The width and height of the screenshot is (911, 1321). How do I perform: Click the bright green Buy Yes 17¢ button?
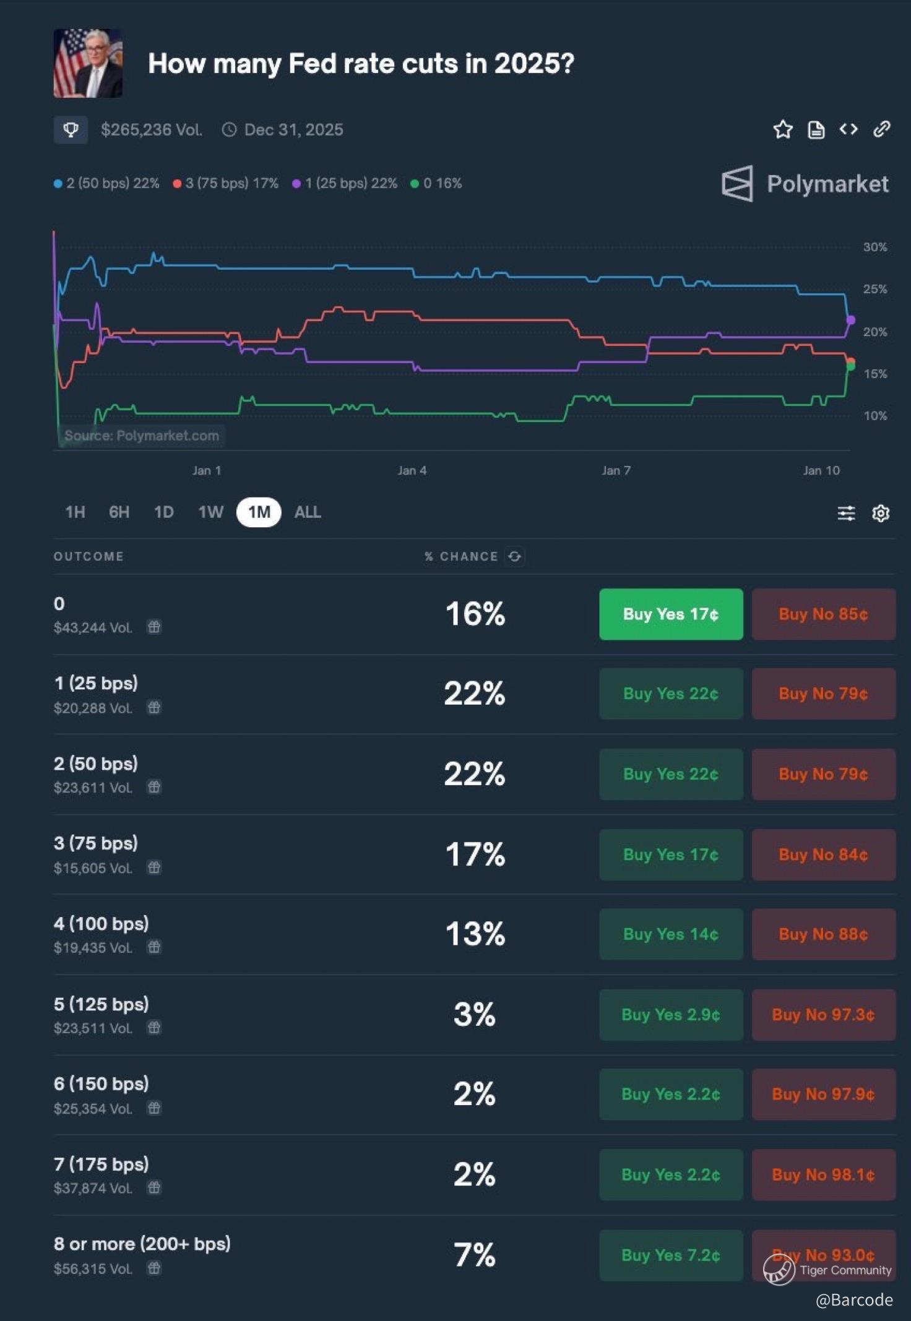click(671, 614)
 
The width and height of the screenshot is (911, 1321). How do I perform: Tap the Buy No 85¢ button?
click(824, 614)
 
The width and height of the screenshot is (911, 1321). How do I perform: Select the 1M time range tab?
click(259, 512)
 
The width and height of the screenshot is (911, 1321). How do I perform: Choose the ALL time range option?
click(308, 512)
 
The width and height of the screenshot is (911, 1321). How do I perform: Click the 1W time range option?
click(210, 512)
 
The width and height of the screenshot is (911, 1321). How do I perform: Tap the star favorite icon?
click(783, 129)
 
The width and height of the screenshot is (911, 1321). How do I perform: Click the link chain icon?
click(882, 129)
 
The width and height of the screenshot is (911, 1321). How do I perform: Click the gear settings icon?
click(881, 513)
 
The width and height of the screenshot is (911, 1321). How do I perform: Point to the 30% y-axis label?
click(875, 247)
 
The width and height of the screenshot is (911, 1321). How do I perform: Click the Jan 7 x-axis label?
click(616, 470)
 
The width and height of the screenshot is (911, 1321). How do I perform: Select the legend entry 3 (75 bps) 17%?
click(226, 183)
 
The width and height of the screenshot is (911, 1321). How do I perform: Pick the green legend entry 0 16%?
click(436, 183)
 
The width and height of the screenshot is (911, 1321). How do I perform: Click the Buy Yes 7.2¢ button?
click(671, 1255)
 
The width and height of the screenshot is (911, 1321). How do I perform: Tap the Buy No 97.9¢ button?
click(824, 1094)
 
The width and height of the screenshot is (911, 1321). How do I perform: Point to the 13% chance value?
click(475, 934)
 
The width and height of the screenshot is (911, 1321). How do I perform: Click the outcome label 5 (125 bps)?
click(101, 1004)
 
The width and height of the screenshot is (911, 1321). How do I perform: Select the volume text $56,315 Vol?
click(93, 1268)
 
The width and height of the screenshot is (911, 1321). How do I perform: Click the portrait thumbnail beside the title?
click(88, 63)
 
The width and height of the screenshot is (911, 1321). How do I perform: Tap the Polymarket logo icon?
click(738, 183)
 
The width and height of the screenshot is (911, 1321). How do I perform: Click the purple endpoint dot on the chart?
click(850, 320)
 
